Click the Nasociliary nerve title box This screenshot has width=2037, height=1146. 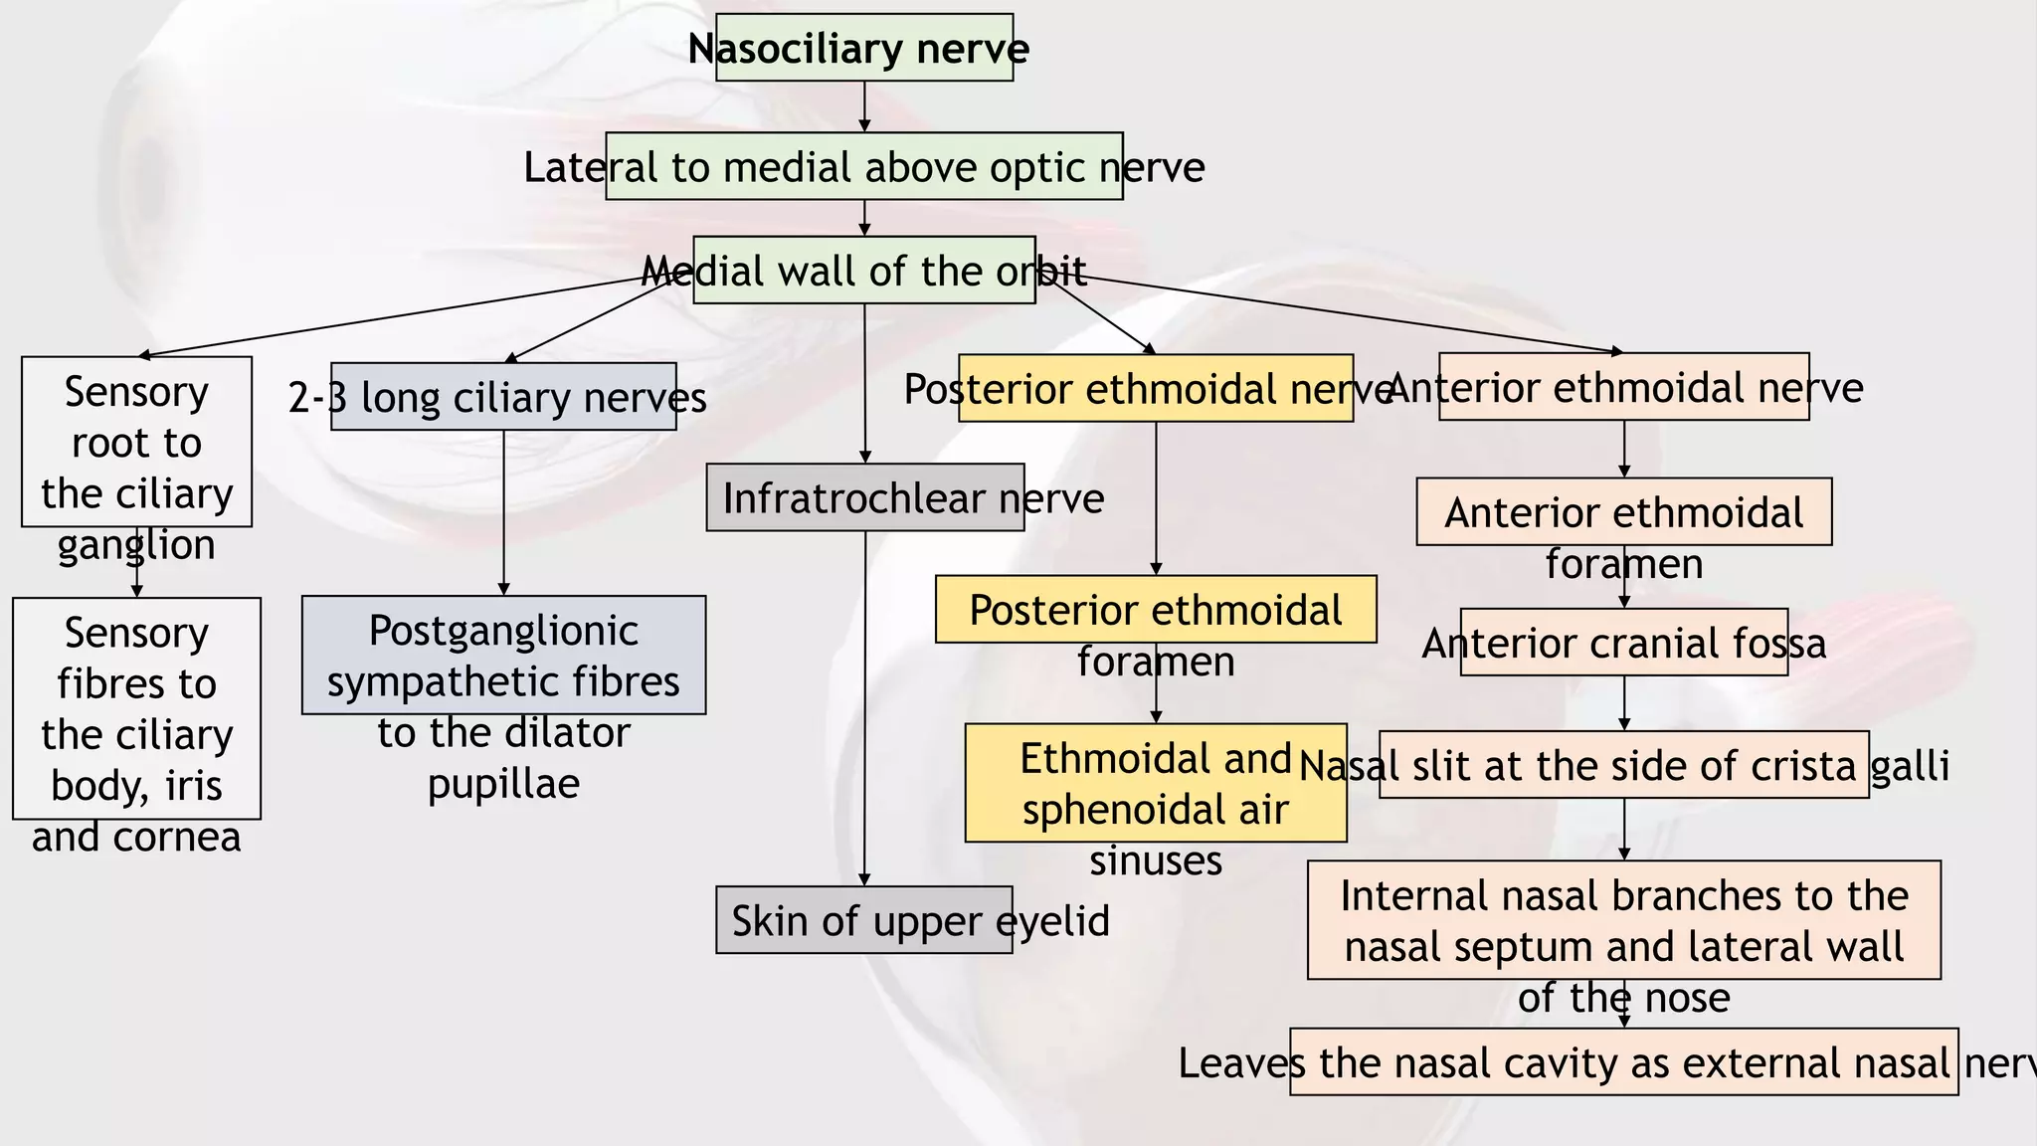[x=863, y=48]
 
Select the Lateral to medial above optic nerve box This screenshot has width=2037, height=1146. [x=863, y=166]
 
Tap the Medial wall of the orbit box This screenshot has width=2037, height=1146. [x=863, y=270]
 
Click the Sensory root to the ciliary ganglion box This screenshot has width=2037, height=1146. [x=136, y=442]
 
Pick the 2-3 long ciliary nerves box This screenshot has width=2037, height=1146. [x=503, y=396]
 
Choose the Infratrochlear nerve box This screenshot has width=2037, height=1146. [x=864, y=497]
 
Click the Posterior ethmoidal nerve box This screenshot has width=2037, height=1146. [x=1155, y=388]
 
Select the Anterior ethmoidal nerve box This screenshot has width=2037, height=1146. [x=1623, y=387]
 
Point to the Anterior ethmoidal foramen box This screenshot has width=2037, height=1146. [x=1623, y=512]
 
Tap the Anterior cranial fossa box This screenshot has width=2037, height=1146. [x=1623, y=643]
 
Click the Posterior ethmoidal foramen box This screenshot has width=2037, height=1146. [x=1155, y=609]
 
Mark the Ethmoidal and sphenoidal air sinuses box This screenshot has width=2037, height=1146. [x=1155, y=783]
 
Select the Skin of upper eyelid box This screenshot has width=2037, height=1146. [x=863, y=920]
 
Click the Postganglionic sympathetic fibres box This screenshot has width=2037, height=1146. [x=503, y=656]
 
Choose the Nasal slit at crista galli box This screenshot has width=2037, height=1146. [x=1623, y=765]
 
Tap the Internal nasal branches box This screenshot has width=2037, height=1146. [x=1623, y=920]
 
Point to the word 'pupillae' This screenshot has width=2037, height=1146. [x=503, y=784]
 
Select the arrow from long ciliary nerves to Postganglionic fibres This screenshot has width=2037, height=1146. [x=503, y=512]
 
